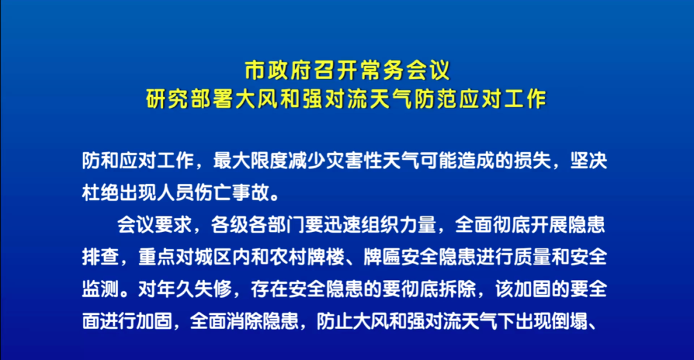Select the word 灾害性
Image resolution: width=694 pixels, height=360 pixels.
354,161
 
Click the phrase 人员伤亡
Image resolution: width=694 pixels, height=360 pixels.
194,193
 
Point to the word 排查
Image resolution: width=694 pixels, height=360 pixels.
100,257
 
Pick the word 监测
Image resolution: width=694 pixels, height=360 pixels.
100,289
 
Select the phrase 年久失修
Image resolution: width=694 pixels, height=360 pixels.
194,289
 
